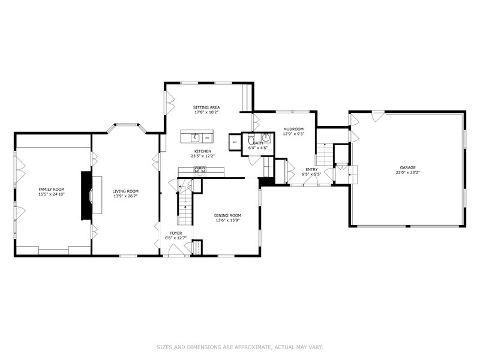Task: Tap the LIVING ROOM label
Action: (x=125, y=191)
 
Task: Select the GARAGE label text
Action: (x=408, y=167)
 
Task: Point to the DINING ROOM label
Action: (x=227, y=215)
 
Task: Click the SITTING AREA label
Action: (x=206, y=107)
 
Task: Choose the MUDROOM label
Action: (x=293, y=129)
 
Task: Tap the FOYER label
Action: (x=176, y=233)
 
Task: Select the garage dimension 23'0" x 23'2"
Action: (x=408, y=173)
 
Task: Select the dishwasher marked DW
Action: (x=206, y=137)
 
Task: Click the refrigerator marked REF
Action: (x=234, y=142)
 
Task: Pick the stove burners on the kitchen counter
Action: (x=200, y=170)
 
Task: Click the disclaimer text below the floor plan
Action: (x=240, y=346)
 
